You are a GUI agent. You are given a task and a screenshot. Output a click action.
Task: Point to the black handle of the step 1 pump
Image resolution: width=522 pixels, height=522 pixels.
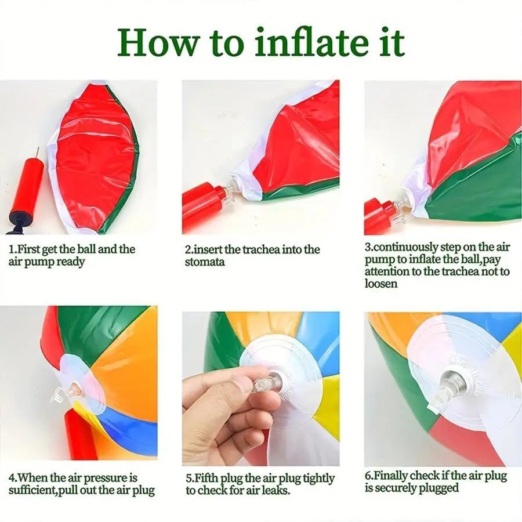tap(16, 226)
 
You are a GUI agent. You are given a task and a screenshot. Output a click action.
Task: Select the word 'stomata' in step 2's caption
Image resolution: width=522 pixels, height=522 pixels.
tap(205, 262)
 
